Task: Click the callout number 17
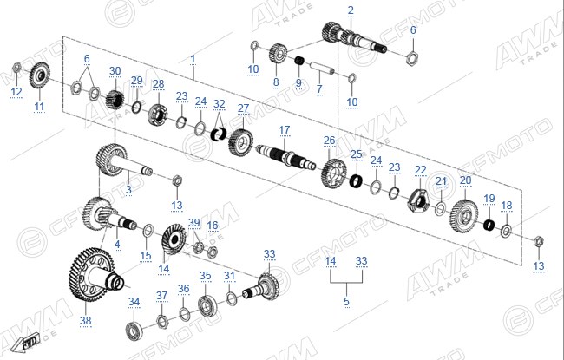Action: [284, 130]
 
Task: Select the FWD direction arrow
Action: [24, 343]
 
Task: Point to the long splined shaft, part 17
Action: [286, 156]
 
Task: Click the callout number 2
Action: [351, 10]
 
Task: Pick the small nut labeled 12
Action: [16, 67]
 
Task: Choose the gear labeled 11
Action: [40, 75]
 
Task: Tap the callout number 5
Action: [346, 301]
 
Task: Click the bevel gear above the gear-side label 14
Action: [174, 239]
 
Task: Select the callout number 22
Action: [420, 170]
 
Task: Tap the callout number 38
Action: [86, 320]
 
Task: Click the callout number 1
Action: [193, 59]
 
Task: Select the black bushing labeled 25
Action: [356, 180]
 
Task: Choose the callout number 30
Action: [115, 71]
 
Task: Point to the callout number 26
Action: [329, 141]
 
